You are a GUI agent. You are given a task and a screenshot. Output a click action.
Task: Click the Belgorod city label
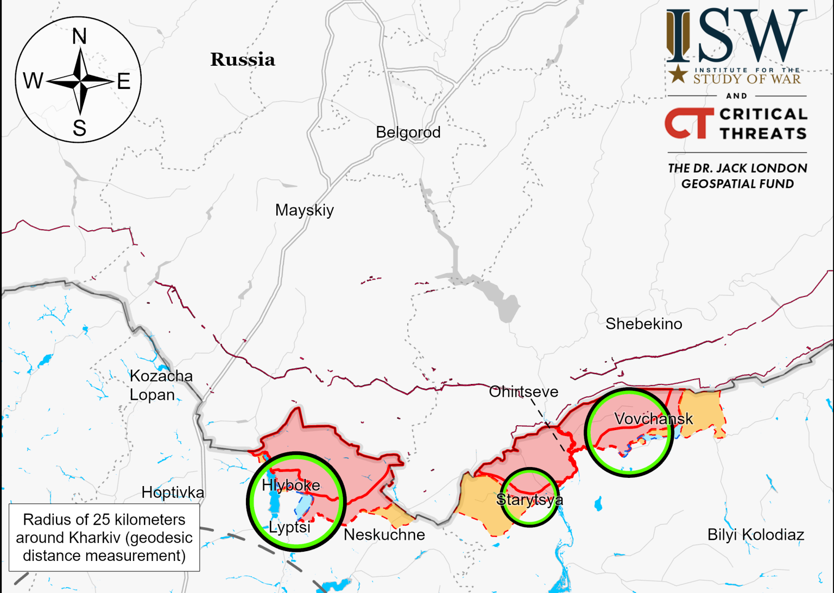[x=408, y=133]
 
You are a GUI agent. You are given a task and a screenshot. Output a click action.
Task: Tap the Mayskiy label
[x=304, y=210]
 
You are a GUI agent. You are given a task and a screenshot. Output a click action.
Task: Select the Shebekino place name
[x=643, y=324]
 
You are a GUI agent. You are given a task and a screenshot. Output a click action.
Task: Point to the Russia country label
[x=243, y=60]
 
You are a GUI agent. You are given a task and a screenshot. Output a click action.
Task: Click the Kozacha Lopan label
[x=161, y=385]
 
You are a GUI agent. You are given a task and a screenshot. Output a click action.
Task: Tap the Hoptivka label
[x=173, y=493]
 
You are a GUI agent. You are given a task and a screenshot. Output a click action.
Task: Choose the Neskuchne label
[x=384, y=535]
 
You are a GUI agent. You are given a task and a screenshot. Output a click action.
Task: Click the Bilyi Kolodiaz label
[x=755, y=535]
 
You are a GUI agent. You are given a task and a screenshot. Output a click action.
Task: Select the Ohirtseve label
[x=523, y=392]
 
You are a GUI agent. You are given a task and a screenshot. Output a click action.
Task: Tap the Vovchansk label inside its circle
[x=653, y=419]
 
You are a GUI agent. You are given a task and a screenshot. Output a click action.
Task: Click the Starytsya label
[x=529, y=500]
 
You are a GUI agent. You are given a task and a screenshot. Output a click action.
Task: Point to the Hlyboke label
[x=290, y=485]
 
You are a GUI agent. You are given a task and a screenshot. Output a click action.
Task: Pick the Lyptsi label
[x=289, y=527]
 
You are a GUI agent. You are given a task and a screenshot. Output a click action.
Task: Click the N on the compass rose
[x=79, y=37]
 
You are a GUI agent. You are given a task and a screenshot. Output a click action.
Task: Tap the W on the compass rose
[x=33, y=81]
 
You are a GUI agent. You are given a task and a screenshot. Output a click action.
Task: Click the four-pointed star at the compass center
[x=80, y=81]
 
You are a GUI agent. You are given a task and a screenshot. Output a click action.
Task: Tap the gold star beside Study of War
[x=678, y=74]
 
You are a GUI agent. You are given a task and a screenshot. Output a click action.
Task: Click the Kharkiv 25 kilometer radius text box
[x=104, y=538]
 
